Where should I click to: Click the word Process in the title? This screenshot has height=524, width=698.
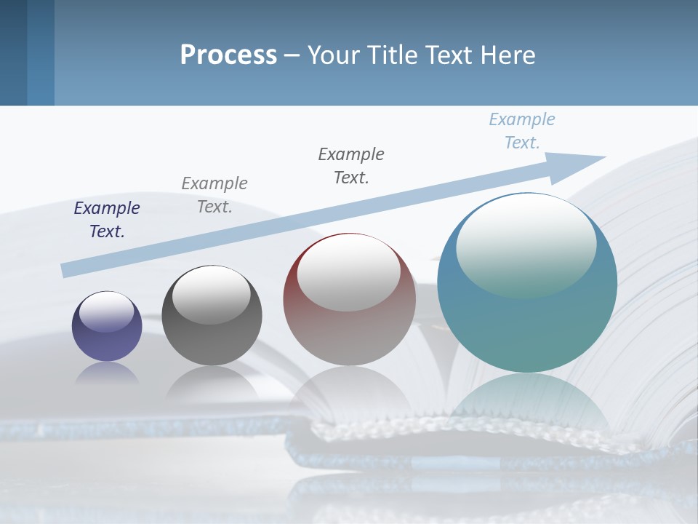coord(228,55)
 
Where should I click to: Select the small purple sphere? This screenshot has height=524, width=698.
coord(107,326)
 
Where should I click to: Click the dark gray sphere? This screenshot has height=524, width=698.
coord(212,315)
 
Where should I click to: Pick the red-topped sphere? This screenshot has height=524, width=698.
coord(349,300)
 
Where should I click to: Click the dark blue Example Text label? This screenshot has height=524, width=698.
coord(107,219)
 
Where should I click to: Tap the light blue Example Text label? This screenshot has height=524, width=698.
coord(521,130)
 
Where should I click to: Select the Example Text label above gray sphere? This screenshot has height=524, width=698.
coord(214,194)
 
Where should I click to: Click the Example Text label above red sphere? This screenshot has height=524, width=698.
coord(351,165)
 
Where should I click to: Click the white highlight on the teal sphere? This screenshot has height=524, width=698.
coord(526,244)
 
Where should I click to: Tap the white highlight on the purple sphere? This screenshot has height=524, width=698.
coord(106,311)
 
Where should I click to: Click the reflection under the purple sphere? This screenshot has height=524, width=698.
coord(107,373)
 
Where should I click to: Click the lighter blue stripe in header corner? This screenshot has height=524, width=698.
coord(41,52)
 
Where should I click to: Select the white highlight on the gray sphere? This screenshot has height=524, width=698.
coord(211,293)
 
